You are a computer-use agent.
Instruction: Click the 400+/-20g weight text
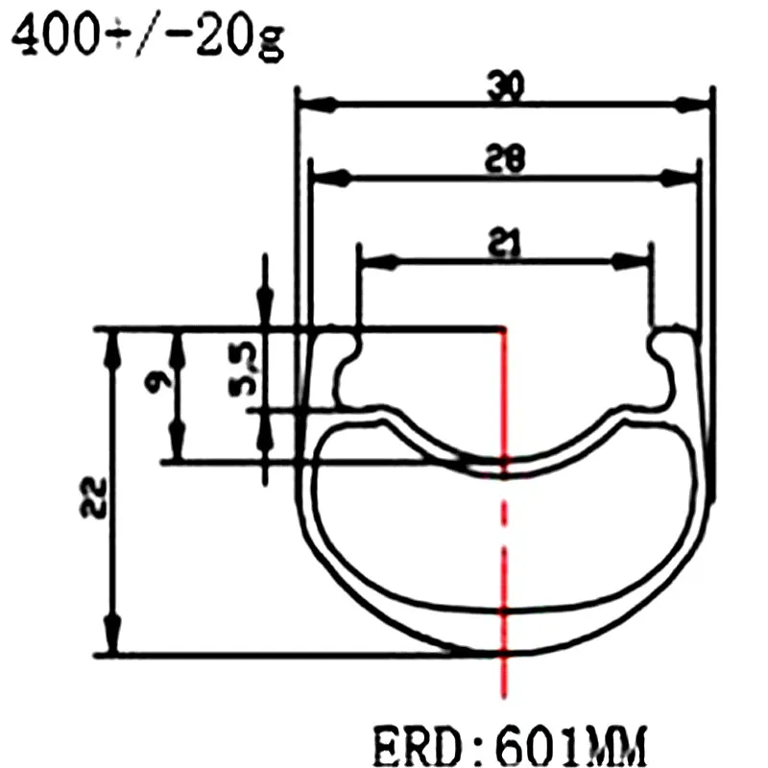(x=148, y=36)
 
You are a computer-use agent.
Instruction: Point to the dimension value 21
(x=505, y=241)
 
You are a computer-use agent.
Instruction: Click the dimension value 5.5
(x=244, y=369)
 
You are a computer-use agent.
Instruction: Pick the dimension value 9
(x=159, y=379)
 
